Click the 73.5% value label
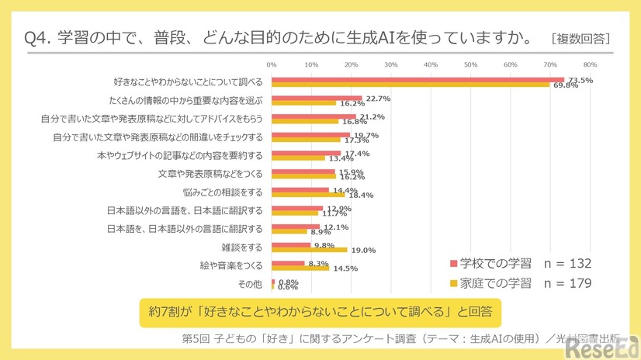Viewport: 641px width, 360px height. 580,80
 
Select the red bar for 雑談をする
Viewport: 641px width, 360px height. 291,244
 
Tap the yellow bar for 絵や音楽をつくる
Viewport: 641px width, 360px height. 300,268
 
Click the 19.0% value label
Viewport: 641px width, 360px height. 363,250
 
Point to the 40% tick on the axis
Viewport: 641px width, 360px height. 431,64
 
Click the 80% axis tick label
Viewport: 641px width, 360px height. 590,64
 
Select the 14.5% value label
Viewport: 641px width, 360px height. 345,268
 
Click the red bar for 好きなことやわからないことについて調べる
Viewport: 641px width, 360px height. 418,79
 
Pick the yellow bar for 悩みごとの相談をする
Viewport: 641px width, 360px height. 308,194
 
